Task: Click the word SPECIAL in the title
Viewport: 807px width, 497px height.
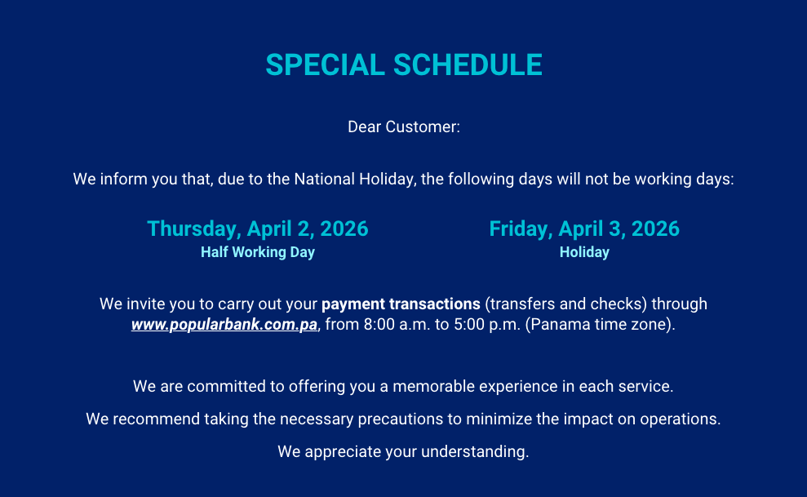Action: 325,64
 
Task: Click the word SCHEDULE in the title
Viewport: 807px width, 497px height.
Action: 468,64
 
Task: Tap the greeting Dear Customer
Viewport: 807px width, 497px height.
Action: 403,126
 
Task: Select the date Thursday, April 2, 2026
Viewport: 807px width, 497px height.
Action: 258,229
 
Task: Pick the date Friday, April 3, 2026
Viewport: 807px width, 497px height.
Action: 584,229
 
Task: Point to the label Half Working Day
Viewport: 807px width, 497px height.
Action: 258,252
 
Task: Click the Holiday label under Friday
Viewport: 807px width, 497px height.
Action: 584,252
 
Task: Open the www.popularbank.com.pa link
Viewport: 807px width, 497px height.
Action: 224,325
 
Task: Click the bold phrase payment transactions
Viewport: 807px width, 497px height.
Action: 401,304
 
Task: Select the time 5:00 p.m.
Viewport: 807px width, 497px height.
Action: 487,325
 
